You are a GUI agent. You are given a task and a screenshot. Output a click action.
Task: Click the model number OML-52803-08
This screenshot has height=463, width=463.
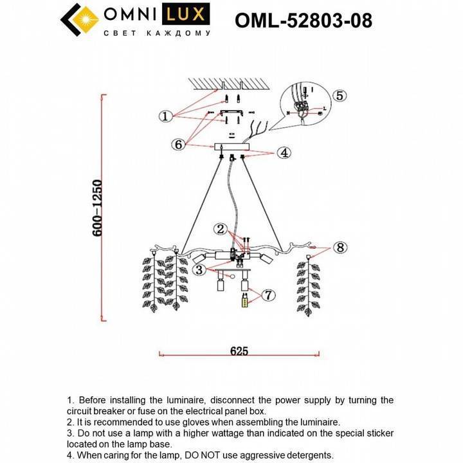coord(304,21)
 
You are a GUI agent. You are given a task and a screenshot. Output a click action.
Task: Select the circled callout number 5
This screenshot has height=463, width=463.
coord(340,95)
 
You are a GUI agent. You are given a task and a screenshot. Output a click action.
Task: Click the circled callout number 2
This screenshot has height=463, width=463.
coord(221,229)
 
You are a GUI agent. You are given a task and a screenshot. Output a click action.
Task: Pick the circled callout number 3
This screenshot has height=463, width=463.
coord(200,269)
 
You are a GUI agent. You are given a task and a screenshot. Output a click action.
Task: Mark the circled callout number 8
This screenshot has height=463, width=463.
coord(340,247)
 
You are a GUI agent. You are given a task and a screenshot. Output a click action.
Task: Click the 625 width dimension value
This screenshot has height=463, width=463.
coord(239,351)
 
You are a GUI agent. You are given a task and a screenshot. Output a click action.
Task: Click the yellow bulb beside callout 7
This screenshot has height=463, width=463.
coord(244,302)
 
